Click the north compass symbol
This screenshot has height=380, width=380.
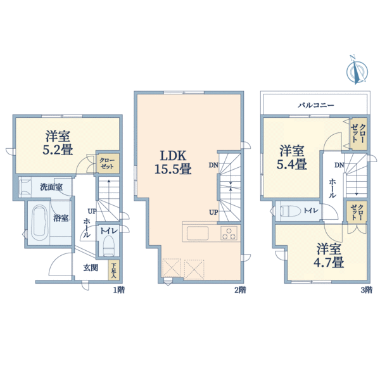(357, 70)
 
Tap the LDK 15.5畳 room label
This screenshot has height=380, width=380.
(173, 162)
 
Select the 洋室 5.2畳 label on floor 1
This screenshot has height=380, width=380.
(58, 142)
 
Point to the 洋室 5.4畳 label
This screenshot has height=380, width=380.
(292, 157)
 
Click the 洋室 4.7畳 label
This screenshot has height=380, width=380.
(329, 256)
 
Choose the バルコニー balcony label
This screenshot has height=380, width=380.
(316, 105)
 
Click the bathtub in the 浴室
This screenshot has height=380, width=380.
(40, 222)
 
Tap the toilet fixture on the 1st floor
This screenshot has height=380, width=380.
(108, 246)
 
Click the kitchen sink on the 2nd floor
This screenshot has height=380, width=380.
(198, 233)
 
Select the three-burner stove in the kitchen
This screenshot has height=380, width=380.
(229, 233)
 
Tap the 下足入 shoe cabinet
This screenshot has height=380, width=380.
(113, 270)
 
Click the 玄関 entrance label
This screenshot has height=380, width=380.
(91, 268)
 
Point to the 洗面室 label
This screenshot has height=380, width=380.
(51, 187)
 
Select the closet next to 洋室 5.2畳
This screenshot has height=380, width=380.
(108, 163)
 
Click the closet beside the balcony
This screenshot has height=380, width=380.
(359, 134)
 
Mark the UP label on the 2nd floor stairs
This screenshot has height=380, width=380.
(213, 212)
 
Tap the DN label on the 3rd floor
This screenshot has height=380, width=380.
(339, 165)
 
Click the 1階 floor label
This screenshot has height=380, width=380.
(119, 290)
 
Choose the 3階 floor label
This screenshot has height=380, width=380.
(367, 290)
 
